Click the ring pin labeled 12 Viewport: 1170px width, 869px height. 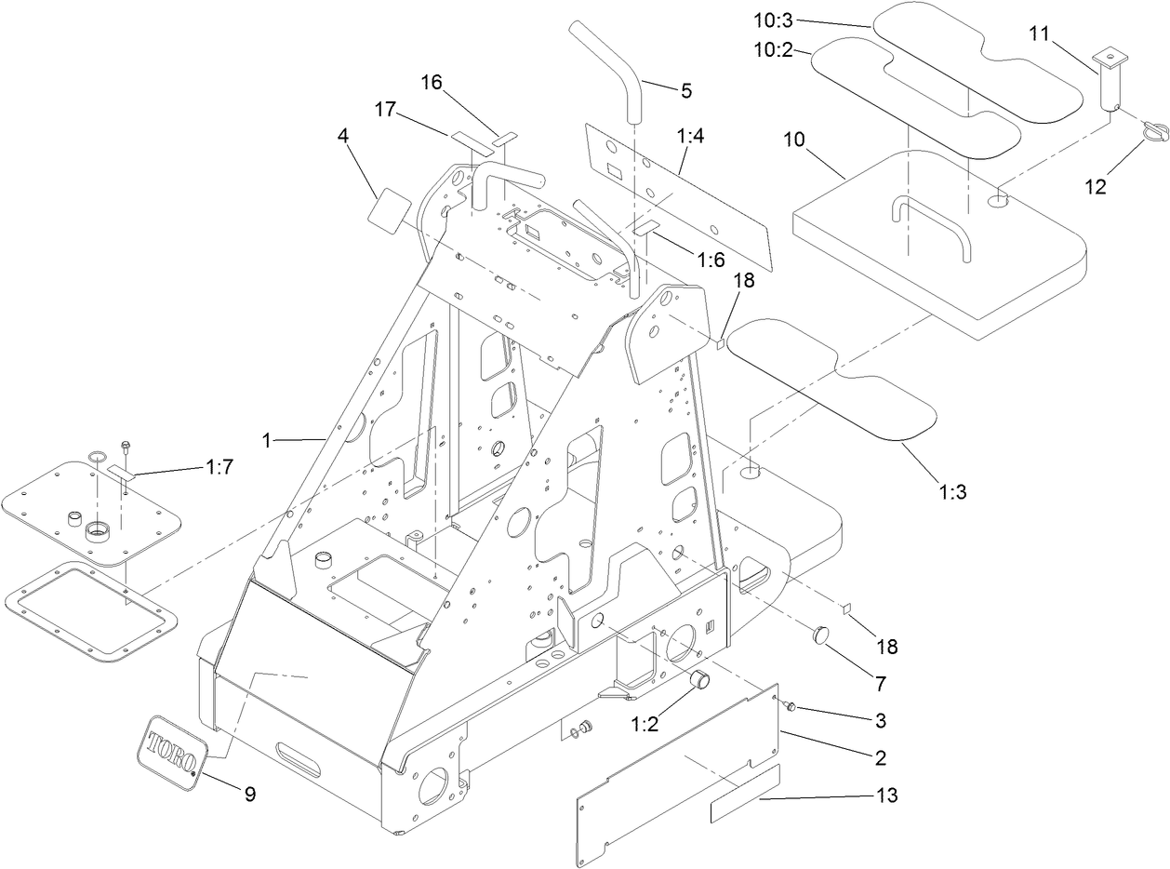pos(1153,134)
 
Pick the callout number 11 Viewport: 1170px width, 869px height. pos(1039,34)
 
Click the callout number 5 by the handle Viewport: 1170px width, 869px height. pos(686,90)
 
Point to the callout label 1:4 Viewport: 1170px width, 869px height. pos(690,137)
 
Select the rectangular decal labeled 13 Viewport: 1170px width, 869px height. pos(745,796)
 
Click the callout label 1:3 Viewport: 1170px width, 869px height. pos(952,491)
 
